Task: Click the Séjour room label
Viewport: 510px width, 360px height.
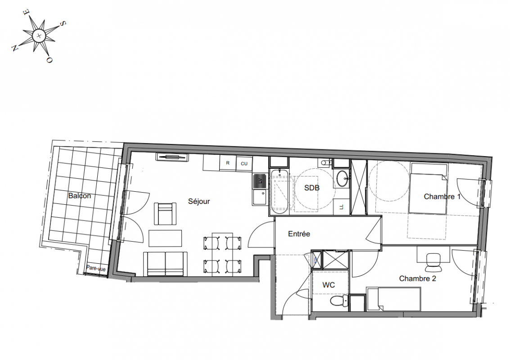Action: point(199,202)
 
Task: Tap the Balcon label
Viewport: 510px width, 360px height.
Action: point(79,196)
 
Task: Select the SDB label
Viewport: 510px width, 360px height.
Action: point(311,188)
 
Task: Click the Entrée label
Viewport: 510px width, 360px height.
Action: point(299,234)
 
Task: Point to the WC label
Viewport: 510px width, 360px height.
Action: point(329,285)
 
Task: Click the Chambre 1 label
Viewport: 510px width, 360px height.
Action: point(442,196)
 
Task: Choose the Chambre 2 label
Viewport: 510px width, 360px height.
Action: point(417,279)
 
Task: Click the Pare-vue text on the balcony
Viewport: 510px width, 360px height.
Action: point(96,269)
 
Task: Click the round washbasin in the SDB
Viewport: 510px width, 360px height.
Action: point(342,179)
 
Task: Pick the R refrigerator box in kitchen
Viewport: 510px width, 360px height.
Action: point(228,163)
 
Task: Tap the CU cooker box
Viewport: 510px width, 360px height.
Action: point(244,164)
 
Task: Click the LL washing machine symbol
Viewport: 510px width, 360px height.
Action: point(341,207)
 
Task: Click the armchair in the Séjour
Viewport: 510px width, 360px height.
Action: point(165,214)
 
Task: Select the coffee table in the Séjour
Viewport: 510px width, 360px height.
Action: point(165,238)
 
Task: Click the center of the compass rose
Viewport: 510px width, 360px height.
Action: point(39,35)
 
